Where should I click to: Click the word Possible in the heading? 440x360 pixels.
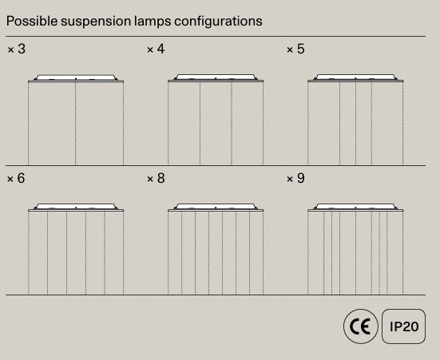[32, 21]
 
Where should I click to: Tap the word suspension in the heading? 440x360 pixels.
[96, 22]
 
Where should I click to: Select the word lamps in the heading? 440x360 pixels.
[153, 22]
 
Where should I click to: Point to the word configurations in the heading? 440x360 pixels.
[218, 22]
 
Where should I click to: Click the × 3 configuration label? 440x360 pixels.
[17, 49]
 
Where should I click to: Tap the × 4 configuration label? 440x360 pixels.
[156, 49]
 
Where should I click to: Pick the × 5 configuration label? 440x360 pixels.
[295, 49]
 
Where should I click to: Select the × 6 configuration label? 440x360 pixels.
[16, 178]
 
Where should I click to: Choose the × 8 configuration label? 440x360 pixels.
[156, 178]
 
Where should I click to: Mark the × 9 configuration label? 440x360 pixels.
[295, 178]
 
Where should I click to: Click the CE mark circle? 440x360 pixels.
[361, 326]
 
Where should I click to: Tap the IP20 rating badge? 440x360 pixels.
[403, 326]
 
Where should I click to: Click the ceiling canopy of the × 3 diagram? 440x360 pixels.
[76, 78]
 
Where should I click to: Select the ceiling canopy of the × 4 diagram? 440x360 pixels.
[216, 78]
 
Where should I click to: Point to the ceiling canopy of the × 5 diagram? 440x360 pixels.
[355, 78]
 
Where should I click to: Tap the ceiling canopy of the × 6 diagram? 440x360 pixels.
[76, 208]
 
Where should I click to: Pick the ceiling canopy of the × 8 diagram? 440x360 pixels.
[216, 208]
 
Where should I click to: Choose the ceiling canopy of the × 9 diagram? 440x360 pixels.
[355, 208]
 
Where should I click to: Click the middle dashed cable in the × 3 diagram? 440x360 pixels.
[76, 124]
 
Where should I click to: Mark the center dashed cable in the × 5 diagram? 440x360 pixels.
[355, 124]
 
